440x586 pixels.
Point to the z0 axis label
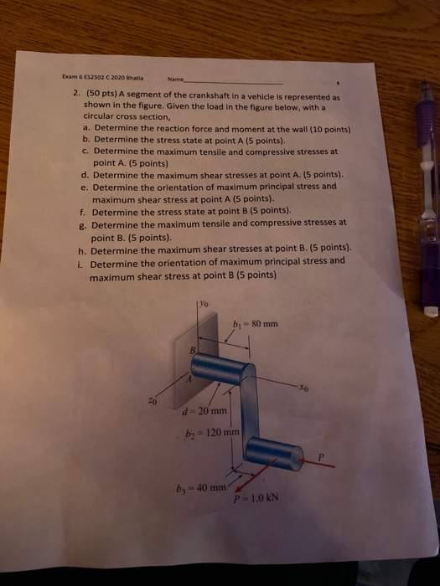(x=152, y=398)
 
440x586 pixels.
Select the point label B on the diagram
(x=192, y=352)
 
